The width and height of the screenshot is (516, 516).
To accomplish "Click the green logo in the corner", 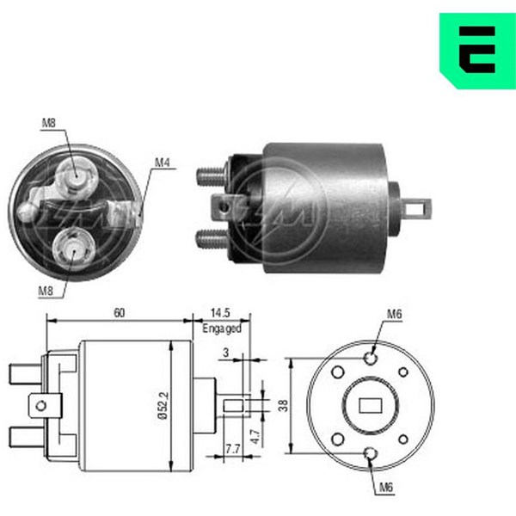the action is point(477,51).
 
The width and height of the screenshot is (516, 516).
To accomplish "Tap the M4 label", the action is point(163,163).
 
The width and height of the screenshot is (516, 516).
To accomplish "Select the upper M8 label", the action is point(49,123).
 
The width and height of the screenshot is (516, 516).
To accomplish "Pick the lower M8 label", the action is point(46,291).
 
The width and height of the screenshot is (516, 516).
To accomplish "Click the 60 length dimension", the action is point(120,313).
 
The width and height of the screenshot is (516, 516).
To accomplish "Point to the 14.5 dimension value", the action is point(220,313).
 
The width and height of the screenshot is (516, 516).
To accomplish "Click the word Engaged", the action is point(222,329).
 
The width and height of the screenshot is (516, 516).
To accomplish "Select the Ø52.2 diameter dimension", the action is point(163,405).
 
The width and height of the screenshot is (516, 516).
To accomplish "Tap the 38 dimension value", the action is point(283,405).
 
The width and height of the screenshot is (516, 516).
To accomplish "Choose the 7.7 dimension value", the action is point(233,449).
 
